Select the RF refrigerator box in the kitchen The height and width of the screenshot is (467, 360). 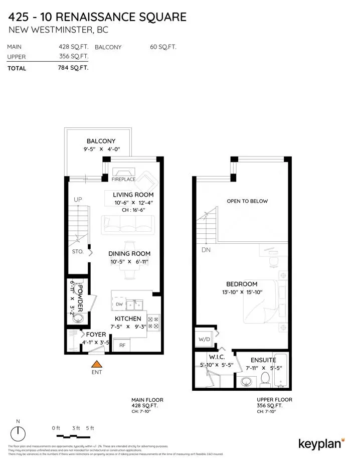[x=122, y=345]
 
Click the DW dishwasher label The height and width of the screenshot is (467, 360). [x=119, y=304]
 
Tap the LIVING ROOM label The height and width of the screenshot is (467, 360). [x=133, y=195]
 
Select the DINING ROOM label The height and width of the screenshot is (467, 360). [x=130, y=254]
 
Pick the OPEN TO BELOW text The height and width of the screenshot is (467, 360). [x=247, y=201]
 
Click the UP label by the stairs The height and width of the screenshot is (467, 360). [x=78, y=200]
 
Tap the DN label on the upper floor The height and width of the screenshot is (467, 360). [x=206, y=249]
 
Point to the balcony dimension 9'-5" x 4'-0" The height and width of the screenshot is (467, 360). [x=101, y=149]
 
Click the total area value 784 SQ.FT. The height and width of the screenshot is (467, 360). [x=73, y=68]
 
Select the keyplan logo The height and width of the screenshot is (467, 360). [x=321, y=443]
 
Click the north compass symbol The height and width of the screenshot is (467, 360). [x=19, y=431]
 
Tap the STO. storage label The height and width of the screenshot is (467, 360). [x=77, y=252]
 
